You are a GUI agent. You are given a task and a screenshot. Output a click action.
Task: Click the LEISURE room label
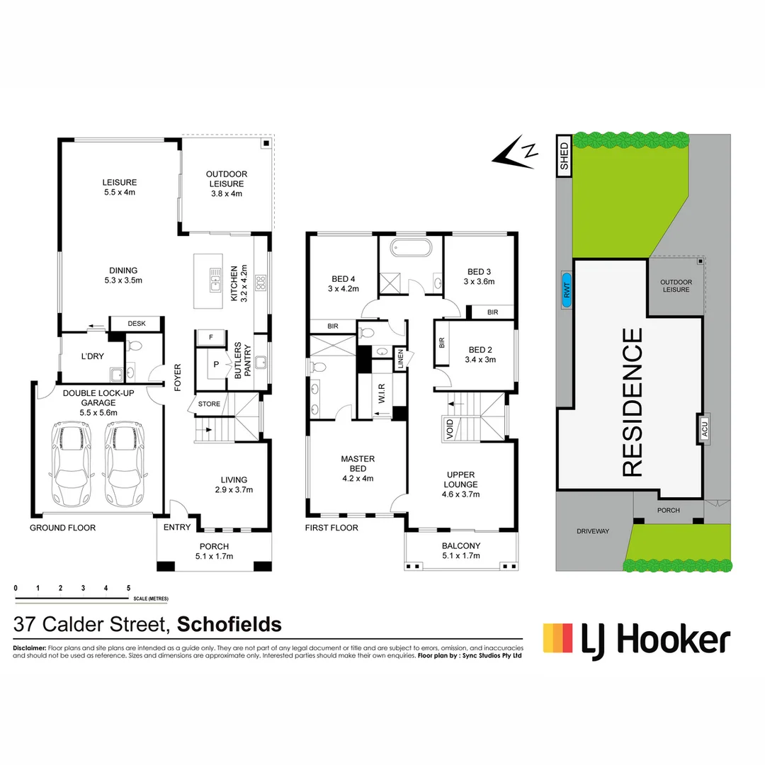click(119, 183)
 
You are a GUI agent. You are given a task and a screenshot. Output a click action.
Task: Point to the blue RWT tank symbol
click(566, 290)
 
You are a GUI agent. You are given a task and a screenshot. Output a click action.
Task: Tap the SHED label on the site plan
click(565, 156)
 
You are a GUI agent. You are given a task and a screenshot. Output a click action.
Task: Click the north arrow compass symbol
click(516, 153)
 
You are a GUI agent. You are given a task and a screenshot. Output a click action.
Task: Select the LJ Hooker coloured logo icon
click(557, 637)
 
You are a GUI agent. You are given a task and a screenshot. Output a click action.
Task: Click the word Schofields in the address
click(229, 625)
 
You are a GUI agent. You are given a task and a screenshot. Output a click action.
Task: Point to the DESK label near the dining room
click(136, 324)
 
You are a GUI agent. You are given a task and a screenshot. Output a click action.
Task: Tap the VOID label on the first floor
click(449, 430)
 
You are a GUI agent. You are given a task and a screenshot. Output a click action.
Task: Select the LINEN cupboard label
click(400, 360)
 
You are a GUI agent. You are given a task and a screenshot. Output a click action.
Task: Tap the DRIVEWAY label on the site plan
click(592, 531)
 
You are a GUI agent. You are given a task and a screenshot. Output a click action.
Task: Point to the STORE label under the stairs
click(209, 404)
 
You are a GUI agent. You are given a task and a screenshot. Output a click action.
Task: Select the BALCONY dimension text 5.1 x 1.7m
click(460, 556)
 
